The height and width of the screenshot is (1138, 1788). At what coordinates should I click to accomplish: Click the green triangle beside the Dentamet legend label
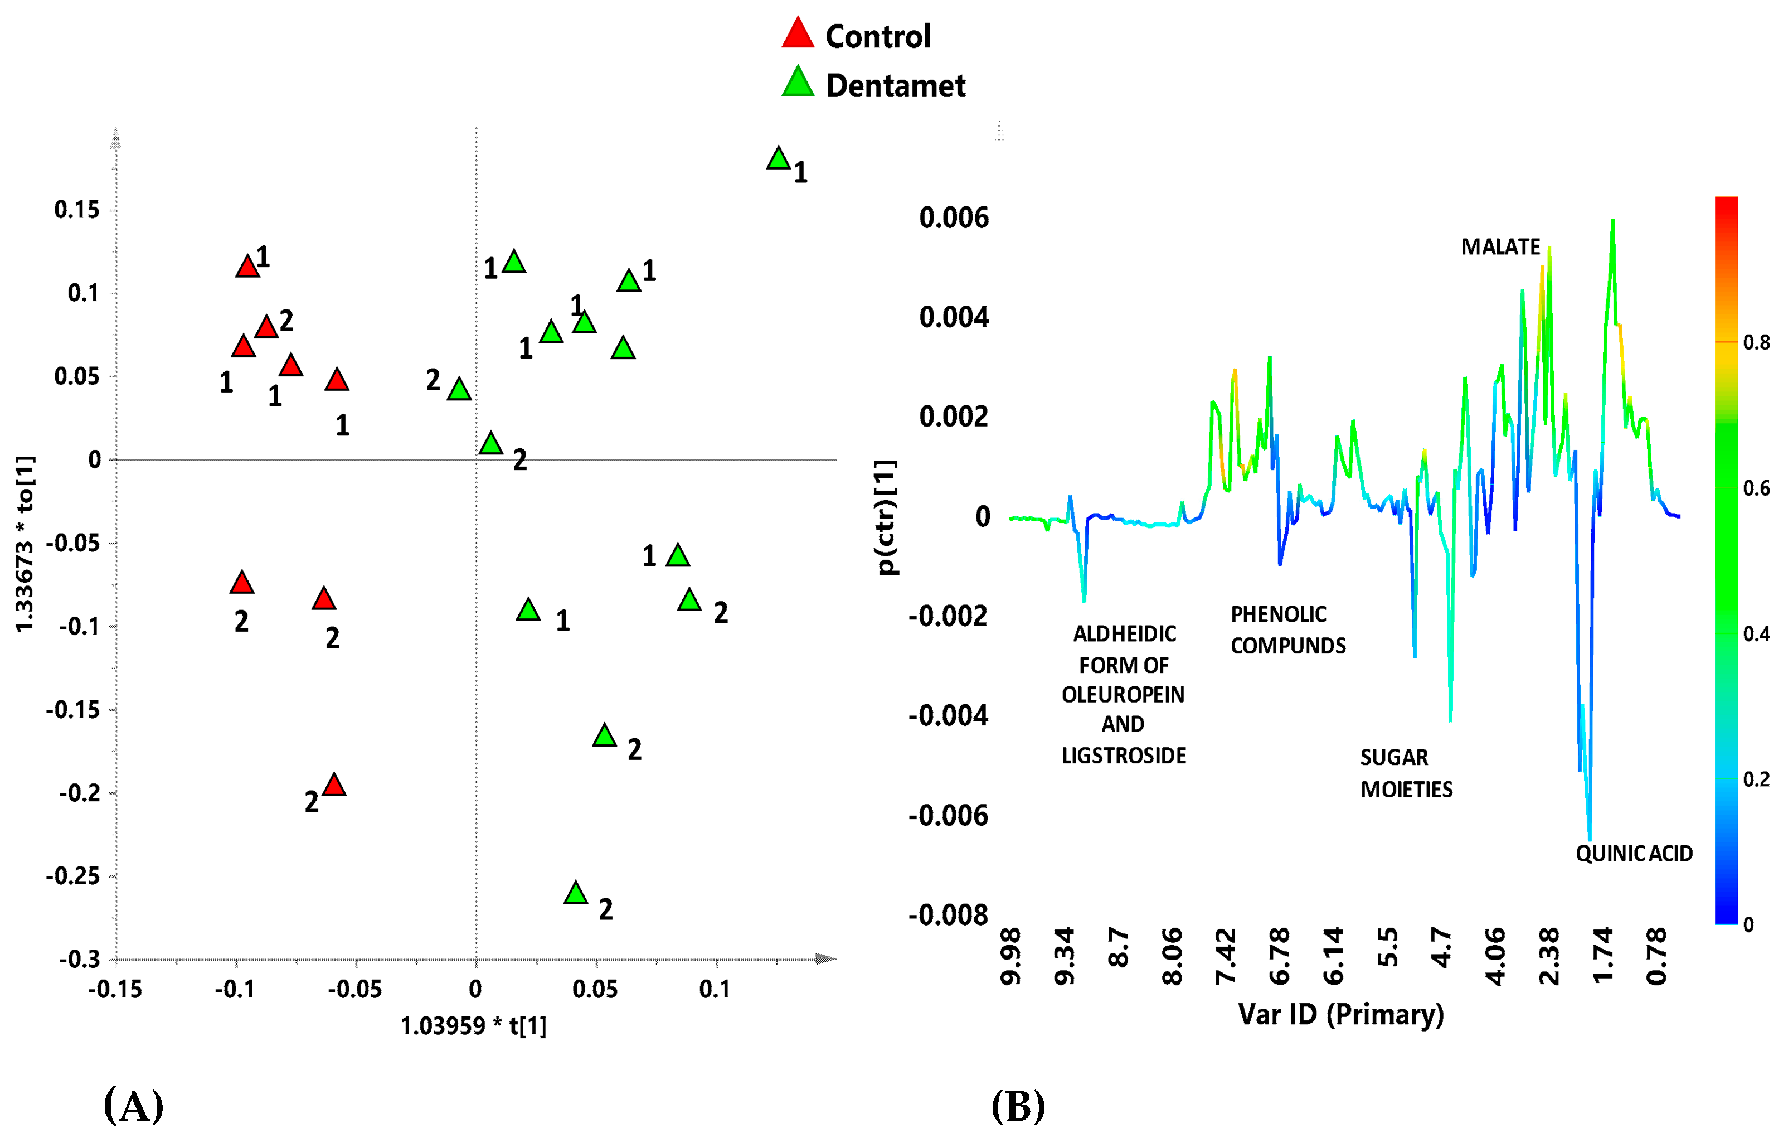(x=798, y=83)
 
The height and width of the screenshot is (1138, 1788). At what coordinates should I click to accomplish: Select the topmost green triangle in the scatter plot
(x=778, y=159)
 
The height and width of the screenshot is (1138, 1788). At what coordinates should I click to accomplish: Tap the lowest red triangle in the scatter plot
(x=335, y=785)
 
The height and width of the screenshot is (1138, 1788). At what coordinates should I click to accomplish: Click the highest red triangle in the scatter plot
(x=247, y=267)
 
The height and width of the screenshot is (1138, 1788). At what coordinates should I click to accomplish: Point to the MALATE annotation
(x=1500, y=246)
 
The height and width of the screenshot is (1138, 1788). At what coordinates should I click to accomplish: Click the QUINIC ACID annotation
(x=1634, y=854)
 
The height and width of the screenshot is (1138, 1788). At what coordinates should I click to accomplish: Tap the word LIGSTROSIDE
(x=1124, y=756)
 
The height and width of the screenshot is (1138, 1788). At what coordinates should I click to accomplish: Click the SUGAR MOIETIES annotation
(x=1406, y=773)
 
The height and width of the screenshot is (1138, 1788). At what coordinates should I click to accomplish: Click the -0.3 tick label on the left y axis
(x=80, y=959)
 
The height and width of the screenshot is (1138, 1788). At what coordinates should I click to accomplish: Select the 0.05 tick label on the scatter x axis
(x=595, y=990)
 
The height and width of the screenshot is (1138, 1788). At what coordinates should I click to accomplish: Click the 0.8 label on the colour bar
(x=1756, y=342)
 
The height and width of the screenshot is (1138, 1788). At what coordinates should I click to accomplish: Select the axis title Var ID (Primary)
(x=1340, y=1014)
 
